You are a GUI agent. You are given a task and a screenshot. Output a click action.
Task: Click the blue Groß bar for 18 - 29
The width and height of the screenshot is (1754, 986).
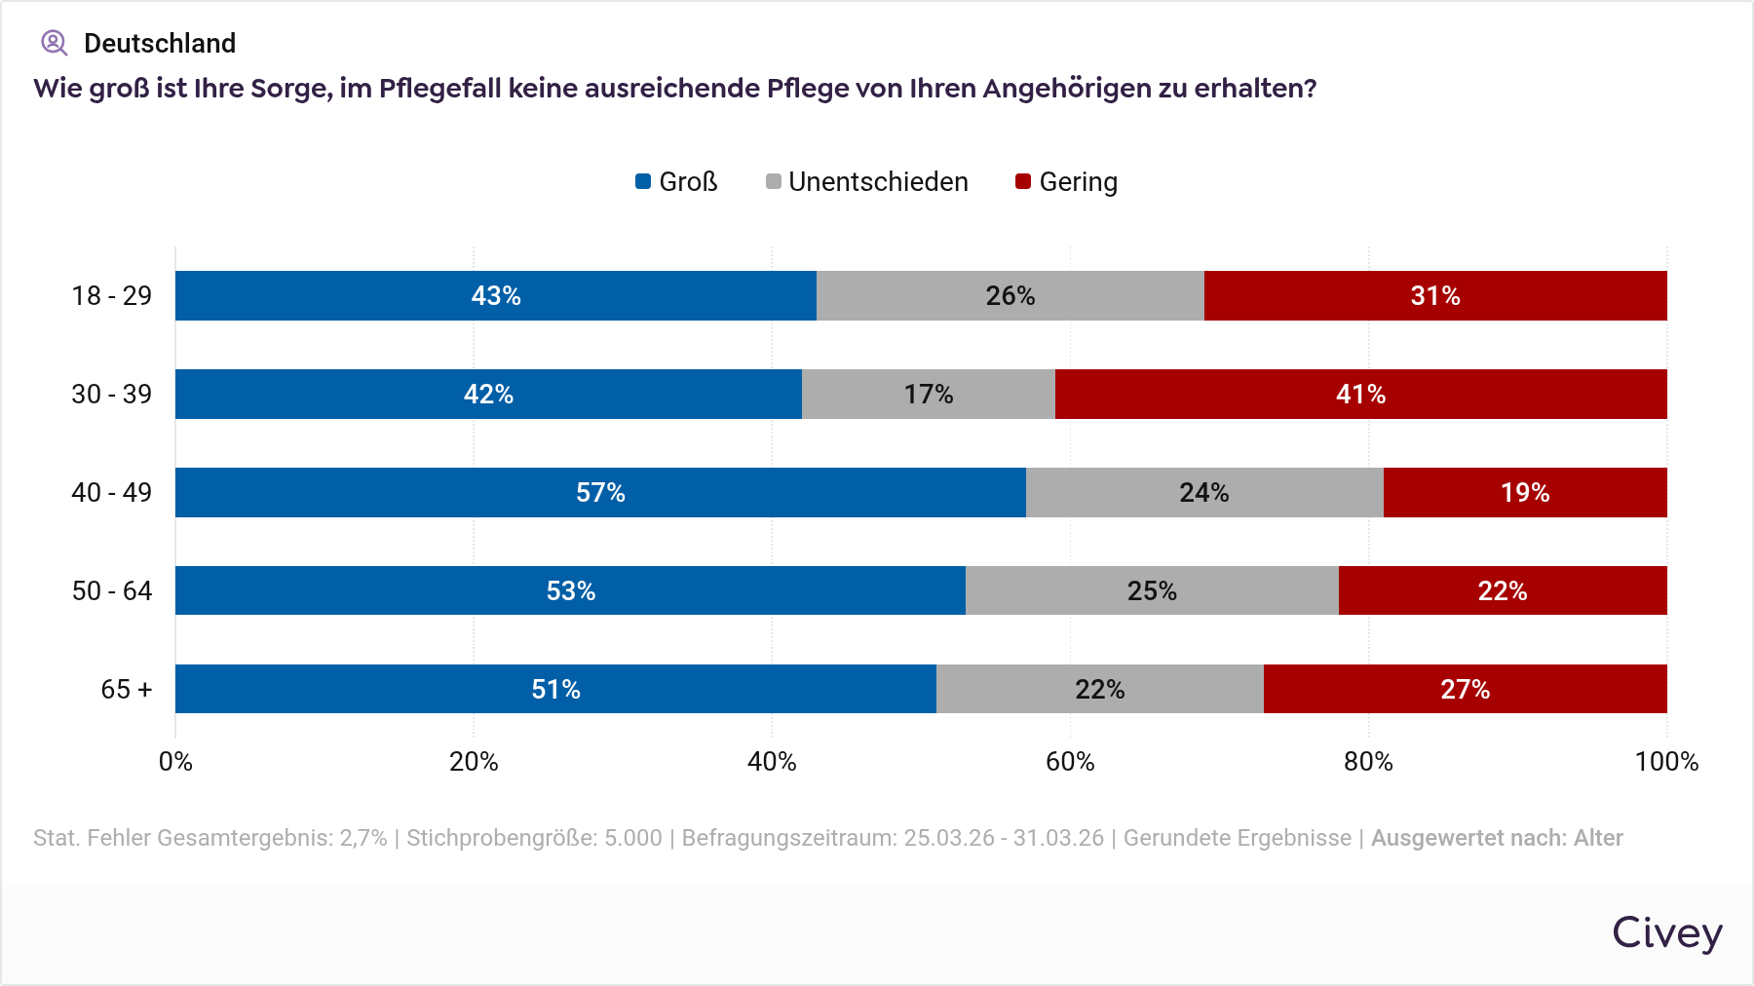(495, 295)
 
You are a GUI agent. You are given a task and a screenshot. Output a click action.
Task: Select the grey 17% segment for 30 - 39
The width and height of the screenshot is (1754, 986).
(928, 394)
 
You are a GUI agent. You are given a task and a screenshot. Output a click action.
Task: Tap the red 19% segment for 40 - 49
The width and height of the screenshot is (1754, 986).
(1525, 492)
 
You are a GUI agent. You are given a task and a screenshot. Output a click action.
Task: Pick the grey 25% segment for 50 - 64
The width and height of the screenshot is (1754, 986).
(1152, 590)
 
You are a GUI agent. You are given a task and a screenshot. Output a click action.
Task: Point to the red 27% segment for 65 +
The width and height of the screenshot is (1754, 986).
(1465, 689)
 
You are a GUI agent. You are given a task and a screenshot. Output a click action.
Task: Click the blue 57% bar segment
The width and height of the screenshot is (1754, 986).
(600, 492)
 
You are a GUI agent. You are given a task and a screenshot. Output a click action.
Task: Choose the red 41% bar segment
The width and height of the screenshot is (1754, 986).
(1360, 394)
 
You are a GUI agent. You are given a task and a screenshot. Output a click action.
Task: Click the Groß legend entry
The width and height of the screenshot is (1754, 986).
(677, 182)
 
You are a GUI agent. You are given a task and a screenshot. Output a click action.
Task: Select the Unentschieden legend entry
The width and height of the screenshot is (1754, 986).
(867, 182)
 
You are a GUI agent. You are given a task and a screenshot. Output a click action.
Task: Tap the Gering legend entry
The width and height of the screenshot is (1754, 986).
(1067, 182)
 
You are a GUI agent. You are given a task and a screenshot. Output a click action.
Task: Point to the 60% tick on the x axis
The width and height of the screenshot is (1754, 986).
(1070, 762)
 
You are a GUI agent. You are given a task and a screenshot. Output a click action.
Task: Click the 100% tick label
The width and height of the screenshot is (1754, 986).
(1666, 762)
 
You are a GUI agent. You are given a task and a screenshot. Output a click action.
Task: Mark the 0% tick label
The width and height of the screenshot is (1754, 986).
(175, 762)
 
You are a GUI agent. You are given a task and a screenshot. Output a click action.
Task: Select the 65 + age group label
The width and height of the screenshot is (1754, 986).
(127, 690)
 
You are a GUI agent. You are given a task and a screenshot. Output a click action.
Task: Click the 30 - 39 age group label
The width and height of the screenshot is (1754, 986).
(112, 395)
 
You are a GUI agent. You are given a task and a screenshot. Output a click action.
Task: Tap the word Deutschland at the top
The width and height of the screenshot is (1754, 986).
(160, 44)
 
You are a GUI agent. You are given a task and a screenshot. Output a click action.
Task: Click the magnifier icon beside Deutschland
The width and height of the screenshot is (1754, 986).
(54, 43)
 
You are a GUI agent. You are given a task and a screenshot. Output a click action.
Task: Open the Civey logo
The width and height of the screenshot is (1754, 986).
(1667, 933)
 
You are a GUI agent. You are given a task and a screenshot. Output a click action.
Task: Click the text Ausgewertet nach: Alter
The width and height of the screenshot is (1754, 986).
(1497, 838)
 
